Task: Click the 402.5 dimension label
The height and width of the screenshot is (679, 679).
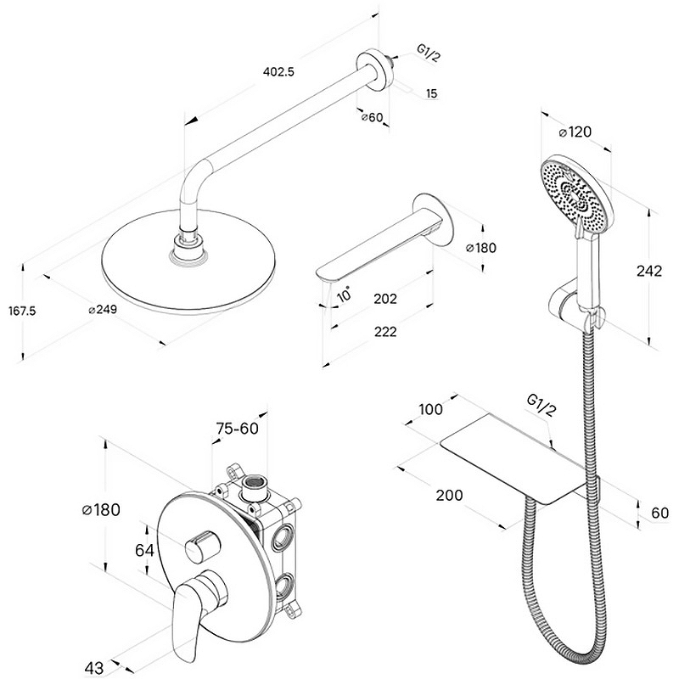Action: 278,73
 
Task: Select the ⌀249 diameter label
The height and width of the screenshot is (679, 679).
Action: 102,310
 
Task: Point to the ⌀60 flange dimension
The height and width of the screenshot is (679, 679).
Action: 373,118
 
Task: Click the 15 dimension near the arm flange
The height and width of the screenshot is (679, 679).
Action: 431,94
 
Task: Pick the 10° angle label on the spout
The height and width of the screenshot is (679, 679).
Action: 343,295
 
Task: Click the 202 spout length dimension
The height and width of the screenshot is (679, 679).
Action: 384,299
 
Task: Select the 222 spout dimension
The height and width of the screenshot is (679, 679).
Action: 384,332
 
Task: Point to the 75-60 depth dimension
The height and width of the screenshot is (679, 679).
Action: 236,429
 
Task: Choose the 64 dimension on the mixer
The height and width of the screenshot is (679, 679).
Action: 145,550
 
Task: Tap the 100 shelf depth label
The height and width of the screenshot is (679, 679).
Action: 431,410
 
